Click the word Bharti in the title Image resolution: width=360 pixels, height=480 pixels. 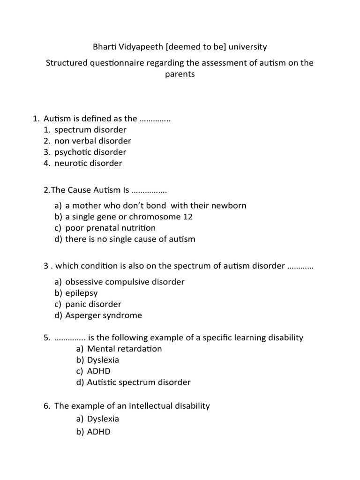tap(104, 47)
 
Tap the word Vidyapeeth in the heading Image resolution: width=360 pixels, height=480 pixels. tap(140, 47)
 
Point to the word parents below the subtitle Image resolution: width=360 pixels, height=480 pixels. tap(180, 74)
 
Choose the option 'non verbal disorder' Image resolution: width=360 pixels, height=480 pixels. tap(92, 141)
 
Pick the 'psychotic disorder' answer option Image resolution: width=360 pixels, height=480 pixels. tap(90, 152)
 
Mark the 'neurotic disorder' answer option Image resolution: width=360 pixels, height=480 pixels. tap(88, 163)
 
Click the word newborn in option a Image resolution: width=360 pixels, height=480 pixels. tap(228, 205)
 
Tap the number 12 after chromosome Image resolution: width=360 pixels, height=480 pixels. tap(187, 217)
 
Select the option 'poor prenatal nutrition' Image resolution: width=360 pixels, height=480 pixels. tap(110, 228)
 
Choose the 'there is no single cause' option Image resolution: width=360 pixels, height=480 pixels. tap(130, 239)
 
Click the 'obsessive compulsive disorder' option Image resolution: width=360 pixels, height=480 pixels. tap(125, 282)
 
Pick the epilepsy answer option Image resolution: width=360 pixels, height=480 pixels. tap(82, 293)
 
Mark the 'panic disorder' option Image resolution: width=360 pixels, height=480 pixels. tap(93, 304)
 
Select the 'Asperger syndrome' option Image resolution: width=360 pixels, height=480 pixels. tap(103, 315)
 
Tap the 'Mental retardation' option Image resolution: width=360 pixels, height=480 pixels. tap(124, 349)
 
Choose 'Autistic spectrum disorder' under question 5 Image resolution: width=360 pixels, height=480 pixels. tap(139, 382)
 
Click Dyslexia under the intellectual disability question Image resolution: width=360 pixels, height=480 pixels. tap(103, 419)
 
